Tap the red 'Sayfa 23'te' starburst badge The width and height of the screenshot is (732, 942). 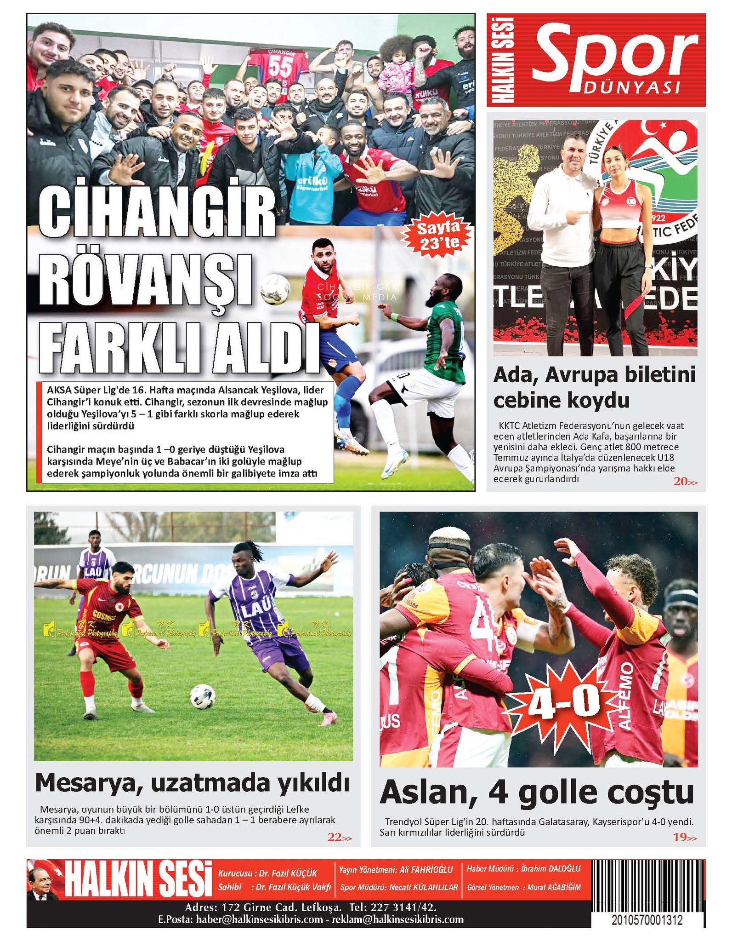pos(437,235)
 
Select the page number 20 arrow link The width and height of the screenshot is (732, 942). pos(685,482)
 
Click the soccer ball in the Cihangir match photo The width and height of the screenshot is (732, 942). pos(275,289)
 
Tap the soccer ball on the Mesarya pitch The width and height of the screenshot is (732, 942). pos(203,696)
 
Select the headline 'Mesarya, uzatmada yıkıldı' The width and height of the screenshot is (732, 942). pos(192,783)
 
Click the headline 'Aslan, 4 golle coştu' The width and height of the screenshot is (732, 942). pos(537,791)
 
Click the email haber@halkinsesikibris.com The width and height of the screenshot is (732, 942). pos(259,919)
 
